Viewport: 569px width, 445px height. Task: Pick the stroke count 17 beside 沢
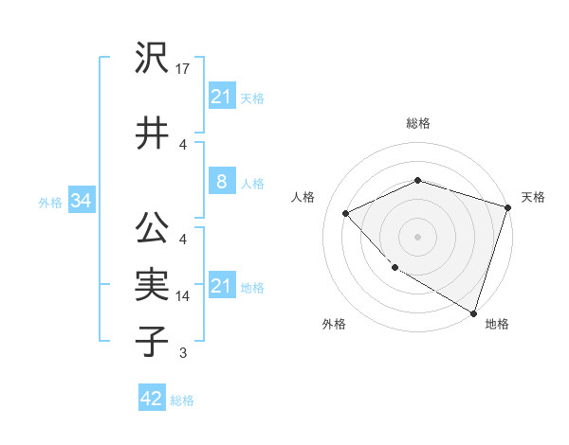click(183, 69)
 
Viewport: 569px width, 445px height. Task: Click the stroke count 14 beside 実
click(183, 296)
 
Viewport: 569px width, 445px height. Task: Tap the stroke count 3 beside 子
click(183, 353)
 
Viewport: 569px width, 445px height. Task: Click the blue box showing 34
click(81, 201)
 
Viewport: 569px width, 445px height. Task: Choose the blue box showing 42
click(151, 399)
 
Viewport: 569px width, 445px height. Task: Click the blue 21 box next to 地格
click(221, 286)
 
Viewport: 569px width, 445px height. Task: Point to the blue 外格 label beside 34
click(50, 202)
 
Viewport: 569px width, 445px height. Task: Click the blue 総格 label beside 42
click(182, 400)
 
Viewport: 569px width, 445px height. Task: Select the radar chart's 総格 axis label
click(417, 123)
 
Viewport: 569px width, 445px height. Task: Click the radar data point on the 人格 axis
click(346, 213)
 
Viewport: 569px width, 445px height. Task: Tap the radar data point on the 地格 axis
click(472, 311)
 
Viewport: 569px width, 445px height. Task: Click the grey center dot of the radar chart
click(417, 236)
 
